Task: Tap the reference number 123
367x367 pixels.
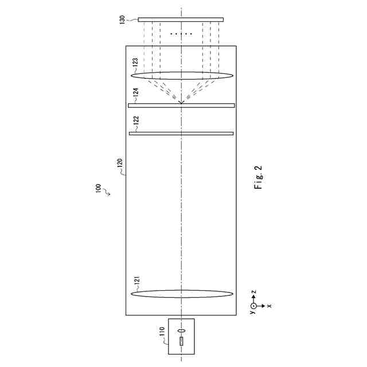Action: (x=135, y=63)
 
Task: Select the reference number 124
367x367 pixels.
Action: (x=136, y=93)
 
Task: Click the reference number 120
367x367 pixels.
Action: (x=120, y=163)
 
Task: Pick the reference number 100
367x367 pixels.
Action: (x=99, y=189)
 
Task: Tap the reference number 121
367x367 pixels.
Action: (x=137, y=281)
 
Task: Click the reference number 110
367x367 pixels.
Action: (x=162, y=332)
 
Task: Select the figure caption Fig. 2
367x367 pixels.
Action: (x=258, y=177)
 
